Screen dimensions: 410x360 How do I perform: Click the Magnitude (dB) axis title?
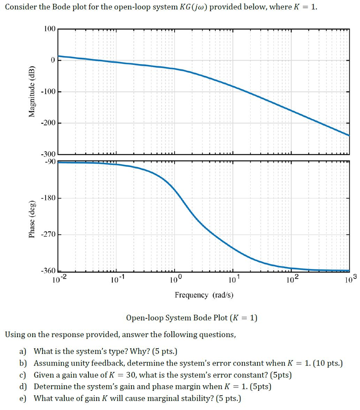pyautogui.click(x=32, y=91)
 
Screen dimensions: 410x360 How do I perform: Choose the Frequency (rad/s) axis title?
pyautogui.click(x=204, y=295)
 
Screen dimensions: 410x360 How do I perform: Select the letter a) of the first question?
pyautogui.click(x=24, y=352)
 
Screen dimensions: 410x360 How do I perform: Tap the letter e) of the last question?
pyautogui.click(x=24, y=398)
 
